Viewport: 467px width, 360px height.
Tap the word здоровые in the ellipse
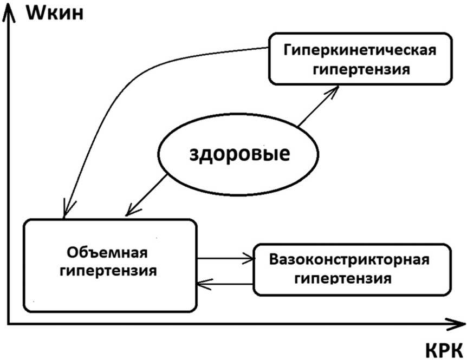point(239,154)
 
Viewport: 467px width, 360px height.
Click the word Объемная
point(109,252)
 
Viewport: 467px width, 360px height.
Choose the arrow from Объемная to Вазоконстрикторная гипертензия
point(224,259)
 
